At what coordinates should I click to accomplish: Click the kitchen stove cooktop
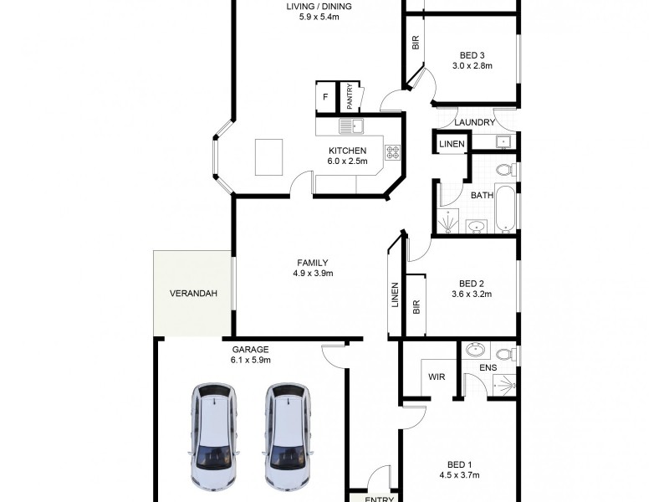pyautogui.click(x=391, y=152)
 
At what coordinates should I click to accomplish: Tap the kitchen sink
pyautogui.click(x=350, y=126)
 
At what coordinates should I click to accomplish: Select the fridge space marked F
pyautogui.click(x=324, y=98)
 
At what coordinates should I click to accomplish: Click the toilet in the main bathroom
pyautogui.click(x=504, y=172)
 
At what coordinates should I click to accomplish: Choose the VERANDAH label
pyautogui.click(x=193, y=294)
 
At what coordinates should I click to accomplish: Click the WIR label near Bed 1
pyautogui.click(x=436, y=377)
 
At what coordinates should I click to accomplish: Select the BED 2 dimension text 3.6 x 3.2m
pyautogui.click(x=472, y=295)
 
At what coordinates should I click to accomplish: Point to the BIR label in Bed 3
pyautogui.click(x=415, y=42)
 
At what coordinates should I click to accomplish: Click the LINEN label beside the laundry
pyautogui.click(x=452, y=145)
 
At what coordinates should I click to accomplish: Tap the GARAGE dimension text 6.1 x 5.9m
pyautogui.click(x=251, y=360)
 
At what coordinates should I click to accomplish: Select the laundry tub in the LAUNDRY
pyautogui.click(x=504, y=141)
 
